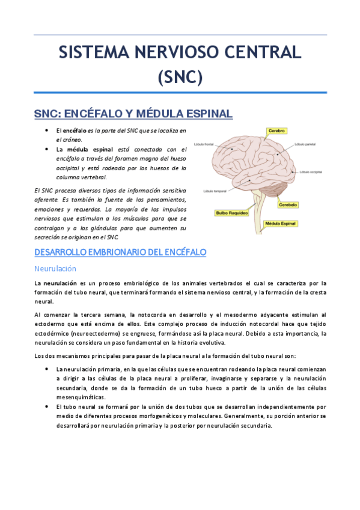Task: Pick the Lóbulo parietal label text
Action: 305,145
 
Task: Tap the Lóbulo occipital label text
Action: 313,172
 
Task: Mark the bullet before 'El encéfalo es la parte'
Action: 46,130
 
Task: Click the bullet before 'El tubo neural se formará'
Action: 46,407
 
